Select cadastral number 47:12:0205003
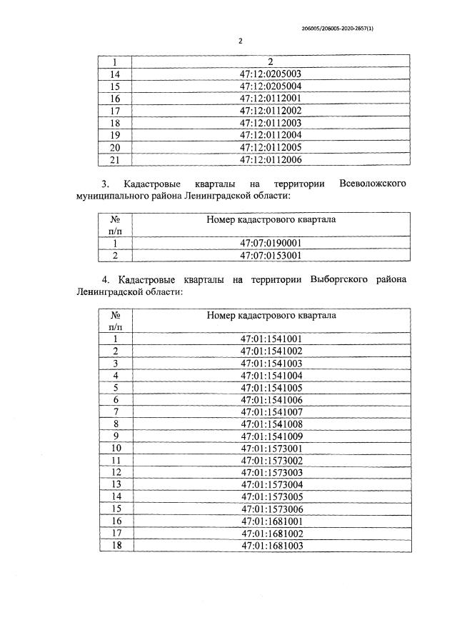pyautogui.click(x=271, y=74)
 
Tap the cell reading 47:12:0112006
pyautogui.click(x=271, y=159)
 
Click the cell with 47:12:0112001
pyautogui.click(x=271, y=98)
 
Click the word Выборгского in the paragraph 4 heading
pyautogui.click(x=338, y=279)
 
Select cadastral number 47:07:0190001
pyautogui.click(x=271, y=243)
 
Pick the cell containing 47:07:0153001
pyautogui.click(x=271, y=255)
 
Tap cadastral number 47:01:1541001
pyautogui.click(x=271, y=339)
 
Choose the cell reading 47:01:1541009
pyautogui.click(x=271, y=436)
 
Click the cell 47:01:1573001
pyautogui.click(x=271, y=448)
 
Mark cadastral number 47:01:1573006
pyautogui.click(x=271, y=509)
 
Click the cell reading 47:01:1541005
pyautogui.click(x=271, y=387)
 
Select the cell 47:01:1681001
pyautogui.click(x=271, y=521)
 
